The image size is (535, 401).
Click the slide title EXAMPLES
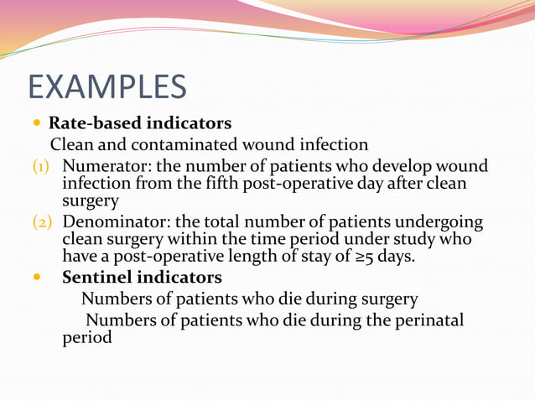tap(107, 86)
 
